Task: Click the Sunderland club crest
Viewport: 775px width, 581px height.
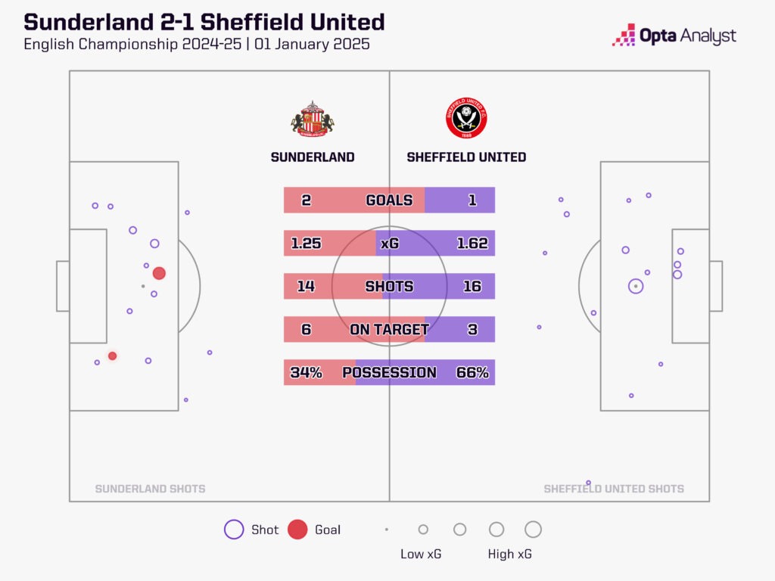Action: tap(313, 119)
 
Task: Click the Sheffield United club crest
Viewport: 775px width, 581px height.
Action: tap(466, 119)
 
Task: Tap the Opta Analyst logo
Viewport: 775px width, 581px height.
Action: tap(674, 36)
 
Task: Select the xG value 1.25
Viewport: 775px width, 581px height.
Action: tap(307, 244)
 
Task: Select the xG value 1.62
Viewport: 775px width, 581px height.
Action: tap(472, 244)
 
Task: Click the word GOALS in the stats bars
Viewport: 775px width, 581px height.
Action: tap(389, 200)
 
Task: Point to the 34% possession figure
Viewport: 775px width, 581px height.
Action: tap(307, 373)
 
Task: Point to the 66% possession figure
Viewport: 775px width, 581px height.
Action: tap(472, 373)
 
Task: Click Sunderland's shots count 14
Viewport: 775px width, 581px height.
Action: tap(307, 287)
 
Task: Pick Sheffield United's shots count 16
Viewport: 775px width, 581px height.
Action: tap(472, 287)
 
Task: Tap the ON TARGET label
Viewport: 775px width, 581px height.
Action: tap(389, 330)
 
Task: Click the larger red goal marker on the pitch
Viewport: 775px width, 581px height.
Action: tap(159, 273)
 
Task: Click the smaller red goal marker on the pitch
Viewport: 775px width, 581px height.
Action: tap(112, 356)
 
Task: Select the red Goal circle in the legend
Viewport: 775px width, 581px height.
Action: tap(297, 530)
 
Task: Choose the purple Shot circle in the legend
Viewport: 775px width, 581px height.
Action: tap(234, 530)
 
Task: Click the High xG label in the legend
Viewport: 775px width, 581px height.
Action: tap(509, 555)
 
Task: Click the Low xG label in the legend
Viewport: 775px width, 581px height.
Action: tap(421, 555)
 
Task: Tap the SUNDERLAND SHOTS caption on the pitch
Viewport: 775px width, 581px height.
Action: tap(150, 489)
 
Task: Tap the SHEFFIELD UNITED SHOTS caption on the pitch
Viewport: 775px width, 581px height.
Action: tap(614, 489)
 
